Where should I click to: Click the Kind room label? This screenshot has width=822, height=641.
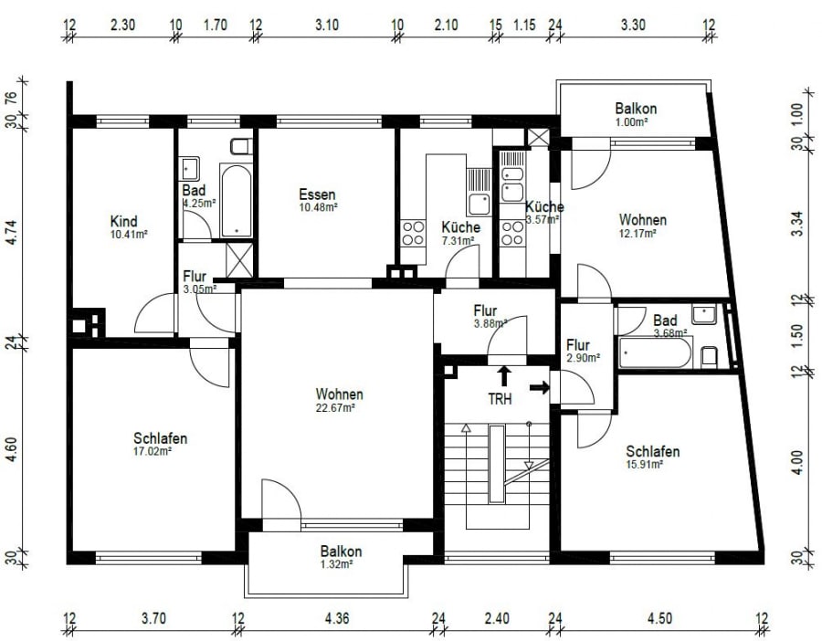tap(123, 221)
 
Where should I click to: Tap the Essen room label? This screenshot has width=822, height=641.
tap(317, 194)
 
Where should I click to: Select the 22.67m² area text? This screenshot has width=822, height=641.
tap(335, 407)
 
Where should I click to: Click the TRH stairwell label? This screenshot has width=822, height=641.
tap(500, 399)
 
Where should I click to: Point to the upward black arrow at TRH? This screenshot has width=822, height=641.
tap(504, 376)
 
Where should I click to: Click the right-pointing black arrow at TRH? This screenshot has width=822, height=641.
tap(540, 387)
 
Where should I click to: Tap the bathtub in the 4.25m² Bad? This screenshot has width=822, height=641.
tap(236, 201)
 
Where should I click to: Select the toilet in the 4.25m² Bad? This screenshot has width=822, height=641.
tap(241, 146)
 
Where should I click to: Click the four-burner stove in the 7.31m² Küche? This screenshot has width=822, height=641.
tap(413, 233)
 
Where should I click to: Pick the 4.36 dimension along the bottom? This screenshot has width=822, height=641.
tap(336, 618)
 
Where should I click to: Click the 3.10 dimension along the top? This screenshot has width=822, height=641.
tap(327, 25)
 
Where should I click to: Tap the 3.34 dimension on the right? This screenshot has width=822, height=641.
tap(796, 223)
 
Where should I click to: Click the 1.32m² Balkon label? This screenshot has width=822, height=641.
tap(341, 557)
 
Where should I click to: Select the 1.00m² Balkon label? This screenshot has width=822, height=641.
tap(636, 115)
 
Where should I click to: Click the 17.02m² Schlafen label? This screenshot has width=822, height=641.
tap(160, 444)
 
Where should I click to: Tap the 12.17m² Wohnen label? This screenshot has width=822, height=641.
tap(642, 226)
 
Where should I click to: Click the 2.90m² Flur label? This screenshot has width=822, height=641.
tap(582, 352)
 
